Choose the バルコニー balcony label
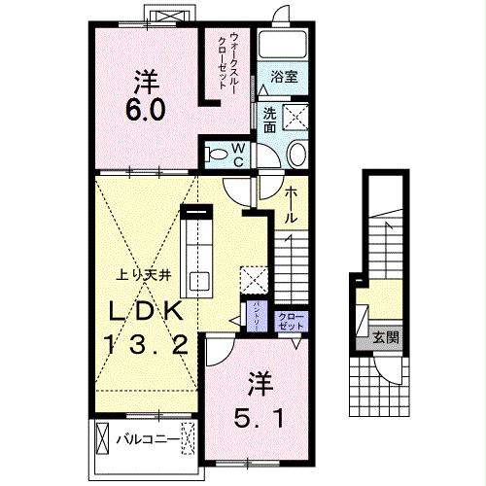coord(148,439)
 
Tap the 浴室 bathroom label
coord(284,74)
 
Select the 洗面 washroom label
coord(270,120)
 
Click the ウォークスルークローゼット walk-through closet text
coord(229,59)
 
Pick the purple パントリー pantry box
coord(256,318)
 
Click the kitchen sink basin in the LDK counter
coord(200,281)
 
